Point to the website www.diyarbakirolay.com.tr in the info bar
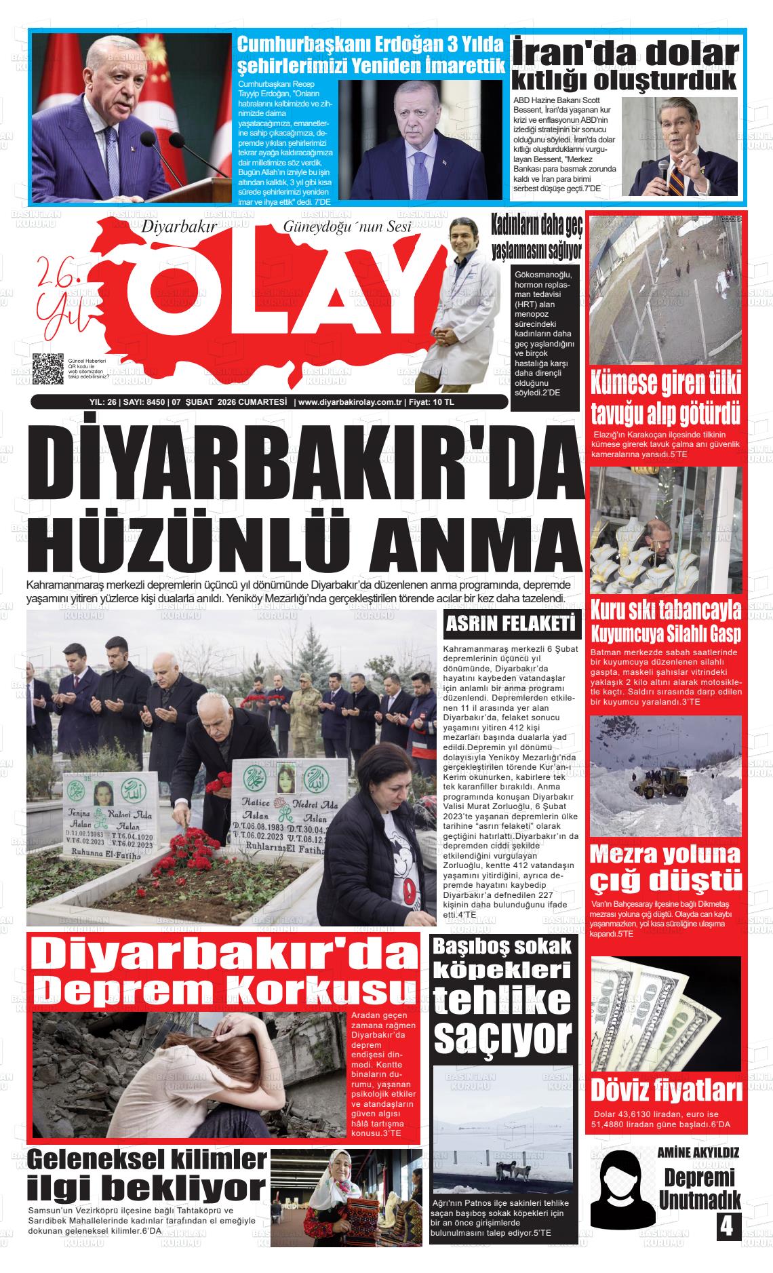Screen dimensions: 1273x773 point(349,402)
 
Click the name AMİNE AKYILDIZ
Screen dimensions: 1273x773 point(698,1152)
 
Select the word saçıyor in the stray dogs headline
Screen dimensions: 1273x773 point(502,1034)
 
